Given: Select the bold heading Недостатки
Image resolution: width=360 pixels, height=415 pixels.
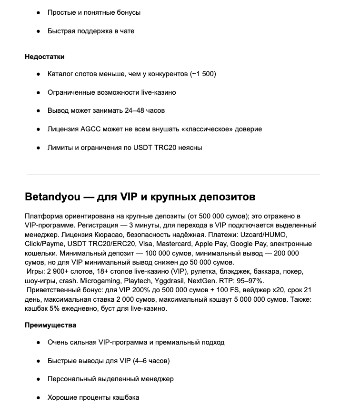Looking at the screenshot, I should (x=45, y=57).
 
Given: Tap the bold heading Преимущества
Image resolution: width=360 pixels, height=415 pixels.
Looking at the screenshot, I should (x=50, y=325).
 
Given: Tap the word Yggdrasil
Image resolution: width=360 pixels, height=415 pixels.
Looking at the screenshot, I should (x=171, y=281).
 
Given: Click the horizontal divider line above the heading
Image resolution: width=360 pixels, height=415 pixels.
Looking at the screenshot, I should (x=173, y=175).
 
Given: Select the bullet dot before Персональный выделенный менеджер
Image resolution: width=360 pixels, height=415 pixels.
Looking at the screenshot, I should (x=38, y=379).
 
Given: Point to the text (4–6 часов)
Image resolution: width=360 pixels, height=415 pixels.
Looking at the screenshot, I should (x=146, y=361).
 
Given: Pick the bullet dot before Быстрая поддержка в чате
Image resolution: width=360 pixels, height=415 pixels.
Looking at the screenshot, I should (x=38, y=31).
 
